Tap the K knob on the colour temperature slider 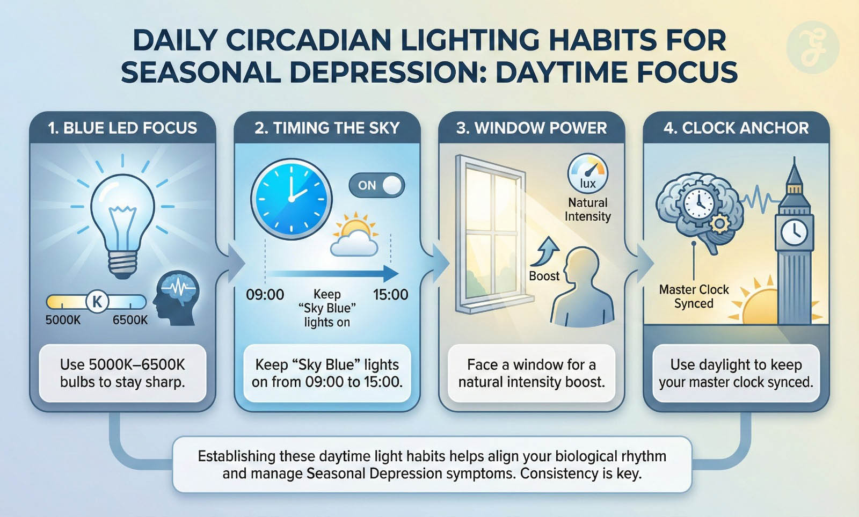97,302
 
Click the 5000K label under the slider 63,320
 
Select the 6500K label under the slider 130,320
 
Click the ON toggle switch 376,186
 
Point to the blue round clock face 292,199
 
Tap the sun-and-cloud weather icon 355,234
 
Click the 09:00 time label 265,295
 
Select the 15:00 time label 390,295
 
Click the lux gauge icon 587,173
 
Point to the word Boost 544,276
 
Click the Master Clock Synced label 694,296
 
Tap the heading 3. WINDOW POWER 532,128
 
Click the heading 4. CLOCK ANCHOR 736,128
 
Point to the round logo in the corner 813,47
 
